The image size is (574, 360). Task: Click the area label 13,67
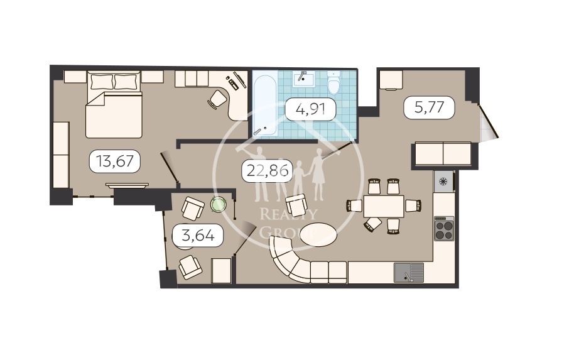[x=114, y=161]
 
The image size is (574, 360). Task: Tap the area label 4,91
[x=310, y=109]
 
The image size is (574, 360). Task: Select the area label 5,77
[x=429, y=107]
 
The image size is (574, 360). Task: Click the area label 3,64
[x=198, y=236]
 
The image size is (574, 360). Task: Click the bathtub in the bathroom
[x=265, y=105]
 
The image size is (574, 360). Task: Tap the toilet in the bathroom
[x=334, y=83]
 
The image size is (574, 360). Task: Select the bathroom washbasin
[x=303, y=79]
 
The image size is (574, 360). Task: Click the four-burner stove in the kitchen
[x=444, y=229]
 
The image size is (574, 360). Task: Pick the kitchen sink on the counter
[x=409, y=273]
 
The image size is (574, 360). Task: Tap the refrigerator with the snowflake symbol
[x=444, y=182]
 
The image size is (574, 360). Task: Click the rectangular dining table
[x=384, y=206]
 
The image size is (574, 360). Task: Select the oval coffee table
[x=318, y=235]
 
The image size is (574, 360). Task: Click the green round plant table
[x=218, y=204]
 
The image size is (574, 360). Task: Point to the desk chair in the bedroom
[x=217, y=99]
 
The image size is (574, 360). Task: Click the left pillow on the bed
[x=102, y=82]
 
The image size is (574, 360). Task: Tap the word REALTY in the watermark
[x=288, y=214]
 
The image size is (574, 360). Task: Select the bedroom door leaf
[x=169, y=167]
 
